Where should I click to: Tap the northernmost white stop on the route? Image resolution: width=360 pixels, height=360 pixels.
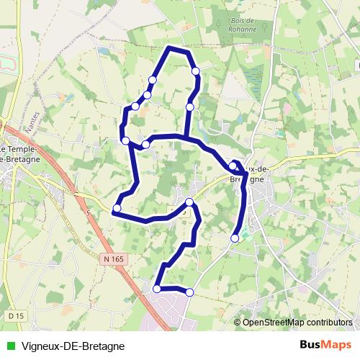click(x=195, y=71)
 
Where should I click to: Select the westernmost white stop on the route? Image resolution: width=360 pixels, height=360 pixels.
click(x=117, y=209)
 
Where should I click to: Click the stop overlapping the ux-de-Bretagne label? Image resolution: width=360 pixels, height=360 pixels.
click(x=233, y=166)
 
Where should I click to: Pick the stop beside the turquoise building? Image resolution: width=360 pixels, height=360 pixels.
click(x=235, y=238)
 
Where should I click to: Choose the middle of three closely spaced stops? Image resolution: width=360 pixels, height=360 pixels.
click(x=147, y=95)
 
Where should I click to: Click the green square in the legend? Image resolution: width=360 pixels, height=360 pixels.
click(x=9, y=346)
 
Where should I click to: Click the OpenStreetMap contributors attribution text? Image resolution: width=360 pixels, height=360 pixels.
click(x=297, y=323)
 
